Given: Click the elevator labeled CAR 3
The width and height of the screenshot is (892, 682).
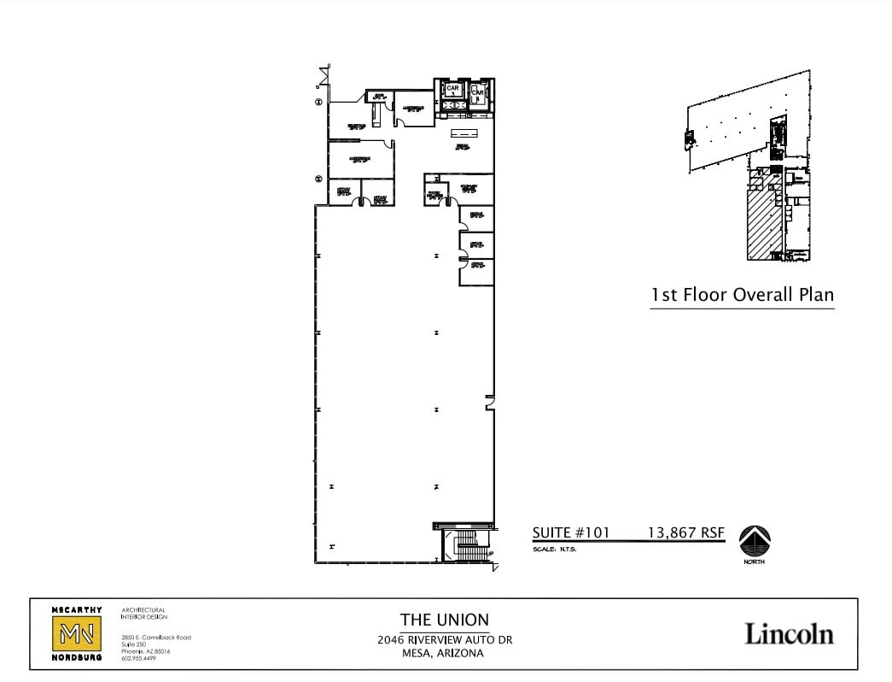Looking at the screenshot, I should point(453,90).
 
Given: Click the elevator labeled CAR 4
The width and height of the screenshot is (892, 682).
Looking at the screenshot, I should point(478,92).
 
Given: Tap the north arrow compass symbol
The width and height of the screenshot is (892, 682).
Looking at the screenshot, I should point(755,542).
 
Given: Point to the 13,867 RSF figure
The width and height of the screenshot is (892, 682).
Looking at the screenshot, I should point(686,532).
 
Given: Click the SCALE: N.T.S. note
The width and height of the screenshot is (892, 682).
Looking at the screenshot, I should point(555,550).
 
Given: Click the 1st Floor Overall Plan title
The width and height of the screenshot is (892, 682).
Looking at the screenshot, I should point(742,295).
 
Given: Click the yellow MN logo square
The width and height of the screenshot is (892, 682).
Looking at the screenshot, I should point(77,634).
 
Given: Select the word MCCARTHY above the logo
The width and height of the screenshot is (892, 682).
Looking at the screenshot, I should point(77,610).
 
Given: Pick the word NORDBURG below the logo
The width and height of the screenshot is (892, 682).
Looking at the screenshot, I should point(77,658).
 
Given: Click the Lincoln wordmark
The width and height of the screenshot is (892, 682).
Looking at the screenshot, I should point(789,634).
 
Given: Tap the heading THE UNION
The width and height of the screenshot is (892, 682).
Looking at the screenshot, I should point(444,620).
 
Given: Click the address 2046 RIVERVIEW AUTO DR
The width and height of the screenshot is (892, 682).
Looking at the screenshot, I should point(444,640).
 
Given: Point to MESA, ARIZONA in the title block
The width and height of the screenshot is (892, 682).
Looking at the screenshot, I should point(444,654).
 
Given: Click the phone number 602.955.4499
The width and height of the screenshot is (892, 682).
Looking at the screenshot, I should point(138,658).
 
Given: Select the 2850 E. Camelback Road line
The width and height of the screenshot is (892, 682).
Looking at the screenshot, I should point(156,638).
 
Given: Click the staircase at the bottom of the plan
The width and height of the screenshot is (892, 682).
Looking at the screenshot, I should point(466,544).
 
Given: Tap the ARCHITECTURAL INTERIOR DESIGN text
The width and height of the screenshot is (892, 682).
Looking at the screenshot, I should point(143,613).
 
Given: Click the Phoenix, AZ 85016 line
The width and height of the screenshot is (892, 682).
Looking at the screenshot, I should point(146,651).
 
